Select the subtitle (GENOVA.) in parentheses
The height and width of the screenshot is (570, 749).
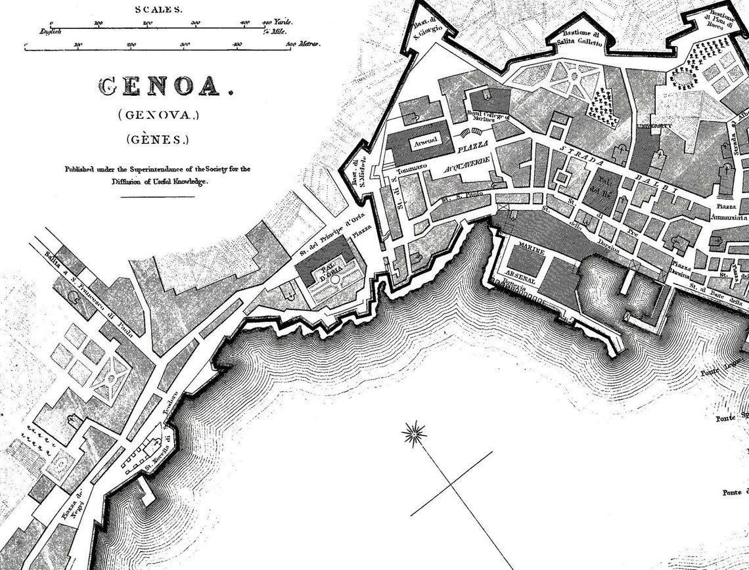(x=158, y=115)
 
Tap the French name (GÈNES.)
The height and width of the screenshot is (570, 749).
(x=158, y=139)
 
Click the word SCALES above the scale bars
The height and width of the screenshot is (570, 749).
(x=159, y=9)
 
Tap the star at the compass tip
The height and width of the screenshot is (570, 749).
(x=415, y=433)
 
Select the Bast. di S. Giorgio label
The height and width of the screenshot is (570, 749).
(x=425, y=30)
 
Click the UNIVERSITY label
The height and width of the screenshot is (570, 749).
(x=654, y=125)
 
